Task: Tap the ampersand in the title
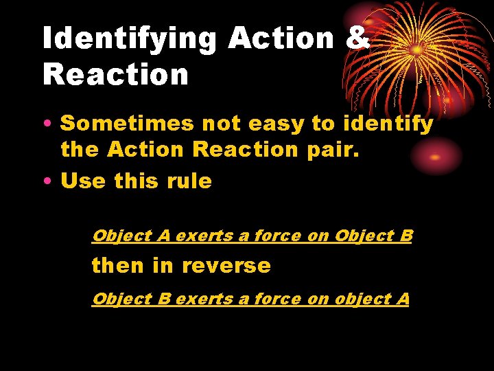click(358, 38)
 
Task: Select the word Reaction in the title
click(115, 74)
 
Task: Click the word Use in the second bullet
click(83, 181)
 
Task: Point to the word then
click(117, 266)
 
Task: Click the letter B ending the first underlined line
click(405, 236)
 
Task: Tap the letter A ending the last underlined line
click(403, 299)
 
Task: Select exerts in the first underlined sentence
click(204, 236)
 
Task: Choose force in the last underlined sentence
click(275, 300)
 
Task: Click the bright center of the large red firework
click(416, 50)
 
